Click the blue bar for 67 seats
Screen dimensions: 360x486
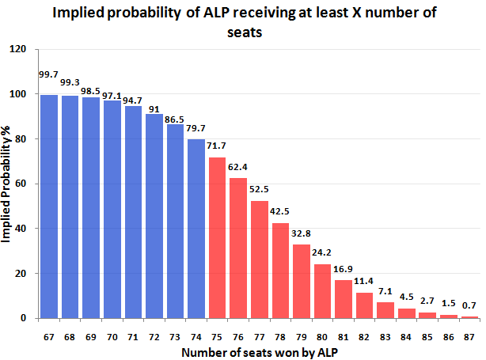49,207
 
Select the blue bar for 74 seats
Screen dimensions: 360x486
196,229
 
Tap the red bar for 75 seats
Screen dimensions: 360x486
216,237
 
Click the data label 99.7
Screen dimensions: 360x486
49,75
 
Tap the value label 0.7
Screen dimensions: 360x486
469,305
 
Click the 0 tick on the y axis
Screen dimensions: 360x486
25,318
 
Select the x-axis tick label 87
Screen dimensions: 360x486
469,337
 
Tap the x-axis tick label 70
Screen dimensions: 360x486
112,337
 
